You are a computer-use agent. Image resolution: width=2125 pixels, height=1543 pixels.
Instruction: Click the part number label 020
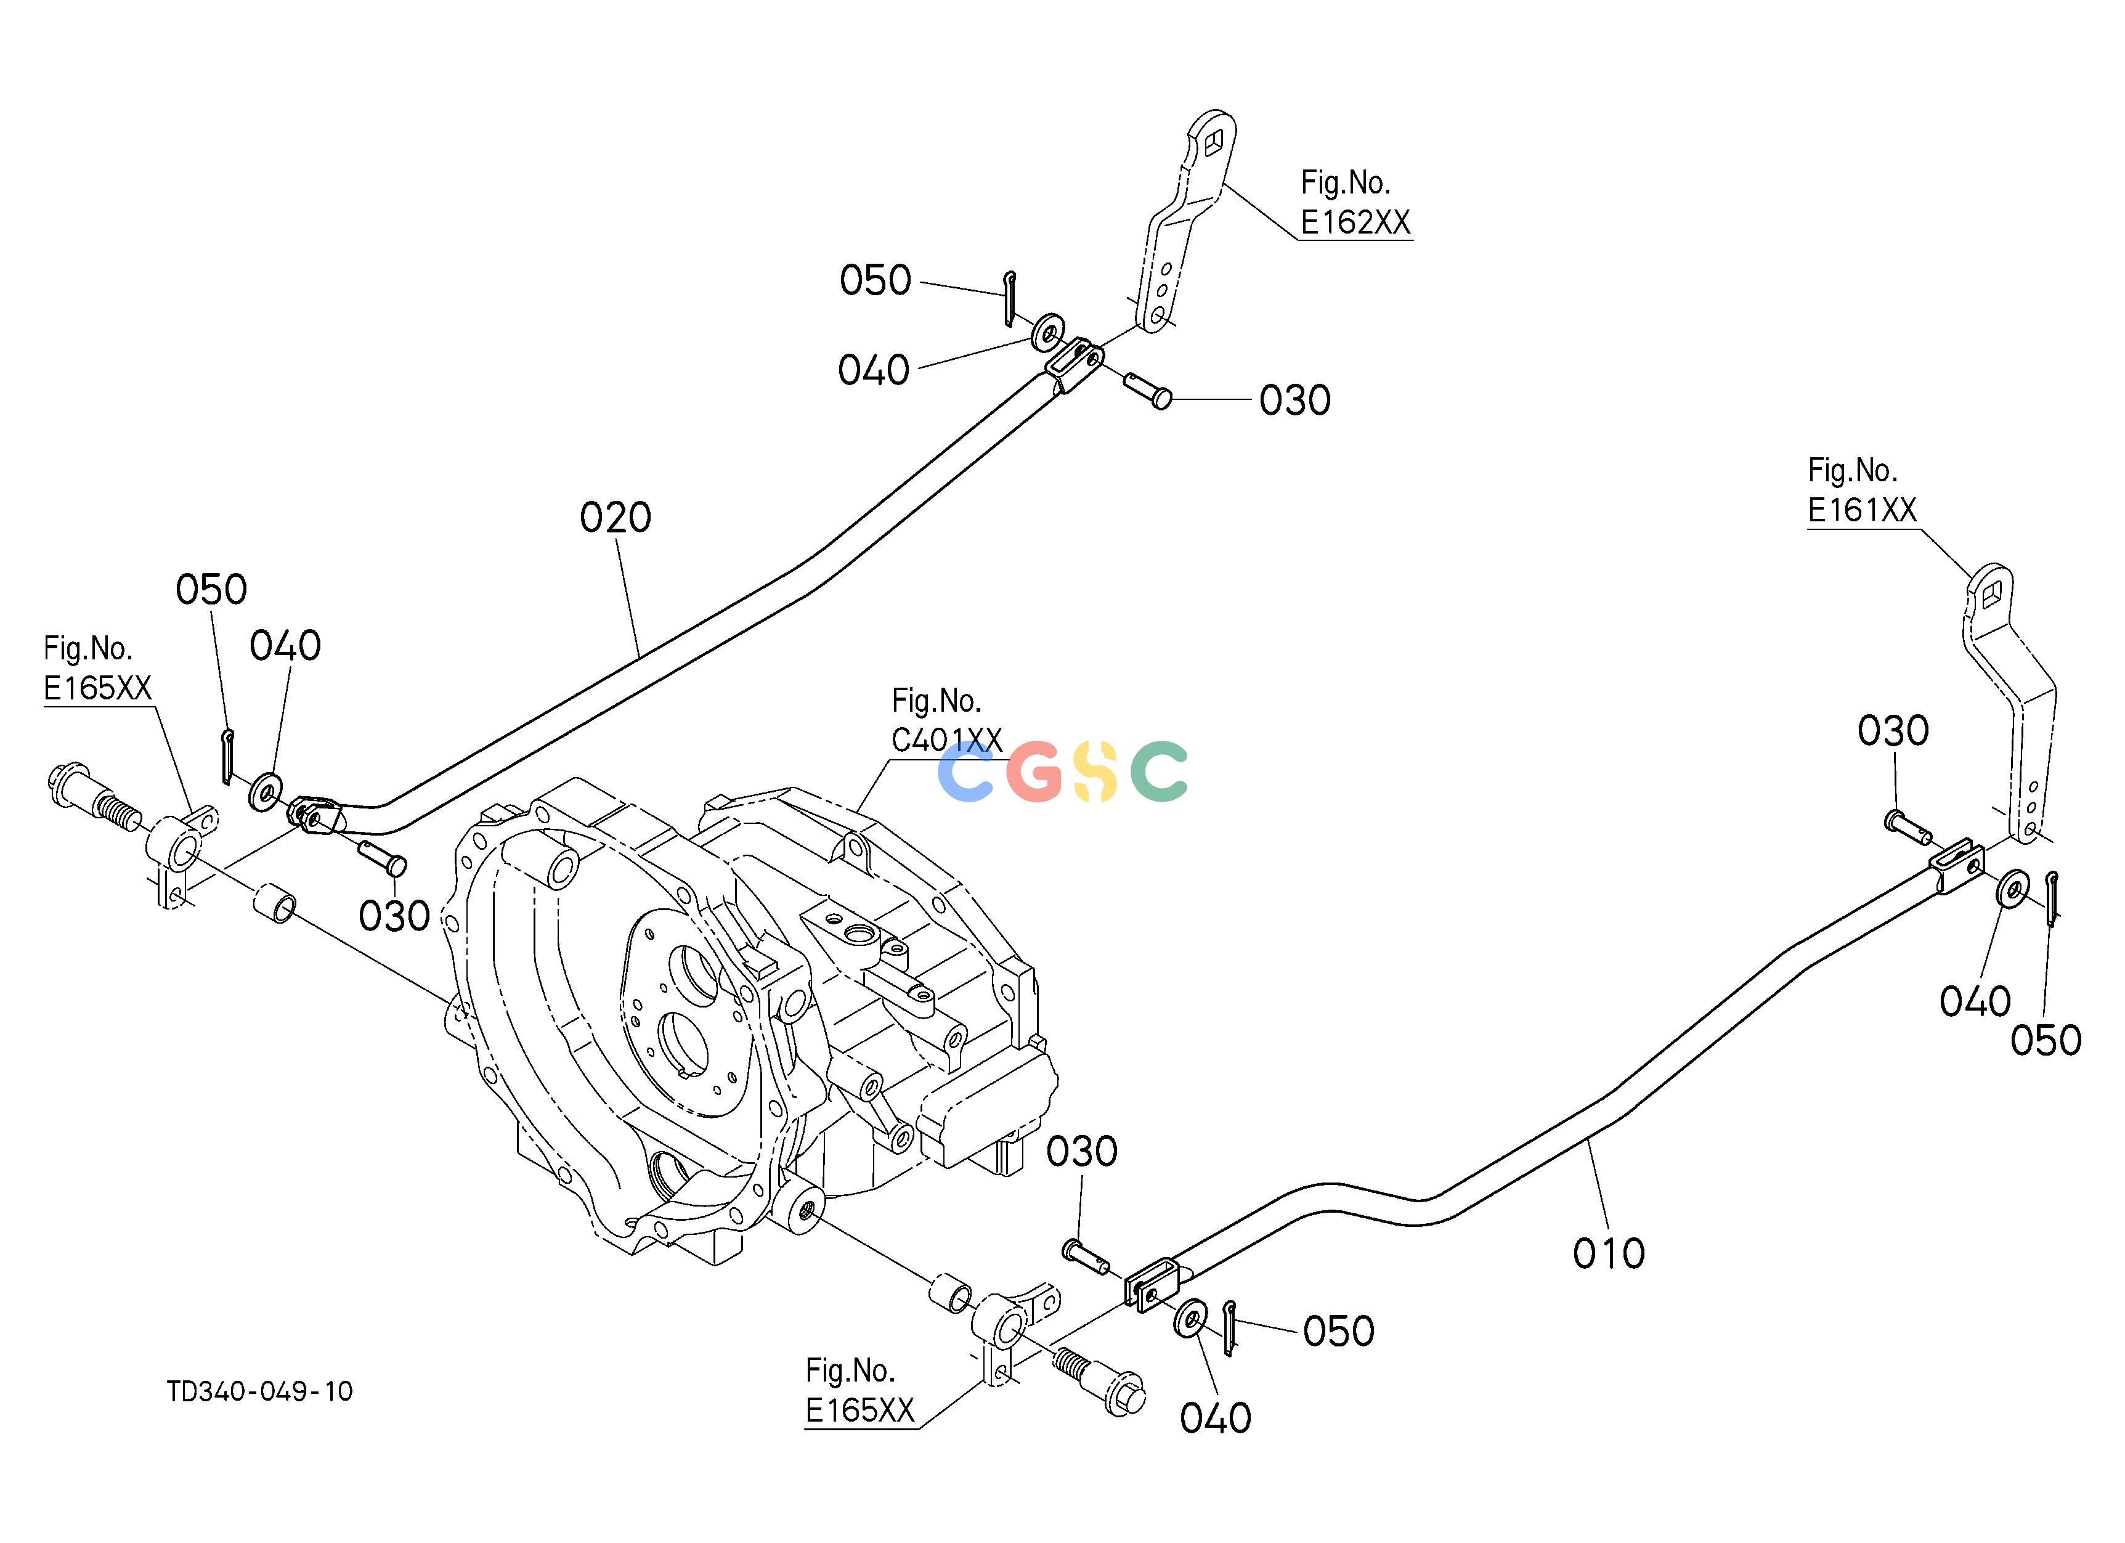[615, 517]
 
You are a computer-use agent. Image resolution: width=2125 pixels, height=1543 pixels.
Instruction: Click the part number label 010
[1609, 1253]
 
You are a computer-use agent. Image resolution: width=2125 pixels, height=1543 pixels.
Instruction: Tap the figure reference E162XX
[1355, 222]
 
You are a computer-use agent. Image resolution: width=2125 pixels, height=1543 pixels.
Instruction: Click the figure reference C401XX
[946, 740]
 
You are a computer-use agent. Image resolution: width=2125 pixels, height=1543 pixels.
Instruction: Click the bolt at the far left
[92, 802]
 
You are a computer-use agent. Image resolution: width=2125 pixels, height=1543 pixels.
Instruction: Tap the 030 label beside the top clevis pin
[1295, 400]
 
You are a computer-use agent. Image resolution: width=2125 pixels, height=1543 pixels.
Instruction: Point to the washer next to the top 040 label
[1047, 331]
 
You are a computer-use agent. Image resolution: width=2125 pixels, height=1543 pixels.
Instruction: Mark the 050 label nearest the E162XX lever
[875, 280]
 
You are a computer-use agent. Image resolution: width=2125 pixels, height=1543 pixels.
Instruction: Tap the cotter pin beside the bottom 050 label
[1230, 1327]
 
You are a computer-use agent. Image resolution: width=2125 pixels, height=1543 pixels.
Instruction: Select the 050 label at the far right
[2046, 1041]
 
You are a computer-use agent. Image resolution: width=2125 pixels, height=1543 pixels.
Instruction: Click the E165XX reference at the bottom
[859, 1410]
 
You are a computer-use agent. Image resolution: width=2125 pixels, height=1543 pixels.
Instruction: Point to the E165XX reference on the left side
[97, 688]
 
